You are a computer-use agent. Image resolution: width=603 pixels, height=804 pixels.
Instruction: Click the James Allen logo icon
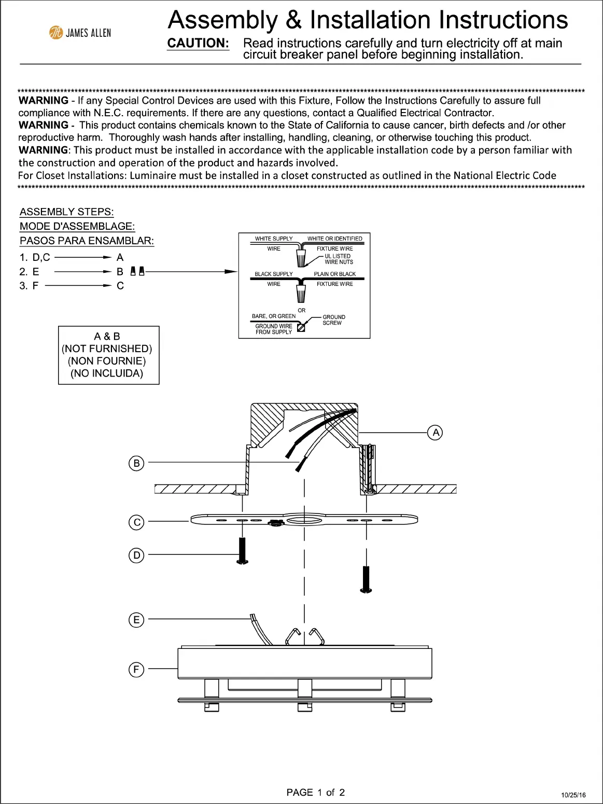click(x=55, y=33)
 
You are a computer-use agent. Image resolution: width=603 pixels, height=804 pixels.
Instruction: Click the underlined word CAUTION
click(x=198, y=44)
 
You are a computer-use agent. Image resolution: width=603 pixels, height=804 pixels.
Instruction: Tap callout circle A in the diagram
click(x=436, y=432)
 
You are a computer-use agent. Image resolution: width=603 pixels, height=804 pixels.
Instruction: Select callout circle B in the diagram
click(x=136, y=463)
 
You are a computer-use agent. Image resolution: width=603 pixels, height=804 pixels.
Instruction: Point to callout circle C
click(x=136, y=522)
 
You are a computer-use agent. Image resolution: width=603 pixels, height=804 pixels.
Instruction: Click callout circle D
click(x=136, y=555)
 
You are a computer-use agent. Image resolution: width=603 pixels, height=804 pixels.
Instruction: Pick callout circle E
click(x=136, y=619)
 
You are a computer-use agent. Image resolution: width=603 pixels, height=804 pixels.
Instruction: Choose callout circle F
click(x=136, y=669)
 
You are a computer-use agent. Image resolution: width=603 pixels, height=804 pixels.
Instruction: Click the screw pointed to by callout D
click(x=242, y=551)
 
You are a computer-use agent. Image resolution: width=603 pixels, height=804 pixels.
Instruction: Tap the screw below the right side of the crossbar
click(x=367, y=579)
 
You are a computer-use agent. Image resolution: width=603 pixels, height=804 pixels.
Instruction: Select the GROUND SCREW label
click(x=333, y=320)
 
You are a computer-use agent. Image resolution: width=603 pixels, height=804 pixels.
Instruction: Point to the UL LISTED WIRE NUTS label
click(x=338, y=259)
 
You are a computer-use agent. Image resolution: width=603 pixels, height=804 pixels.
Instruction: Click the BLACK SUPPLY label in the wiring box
click(x=273, y=274)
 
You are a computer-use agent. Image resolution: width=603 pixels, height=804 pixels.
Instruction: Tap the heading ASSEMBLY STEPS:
click(x=66, y=212)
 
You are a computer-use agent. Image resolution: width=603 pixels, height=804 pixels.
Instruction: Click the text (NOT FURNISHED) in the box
click(x=107, y=349)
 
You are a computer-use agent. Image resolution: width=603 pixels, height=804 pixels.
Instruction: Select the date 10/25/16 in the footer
click(x=573, y=795)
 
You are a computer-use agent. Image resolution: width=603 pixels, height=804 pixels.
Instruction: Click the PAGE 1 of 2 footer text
click(x=315, y=792)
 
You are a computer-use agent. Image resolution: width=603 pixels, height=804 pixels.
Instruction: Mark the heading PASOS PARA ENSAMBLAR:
click(x=87, y=241)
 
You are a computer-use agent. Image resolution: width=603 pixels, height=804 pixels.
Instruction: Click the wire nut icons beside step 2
click(x=137, y=271)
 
